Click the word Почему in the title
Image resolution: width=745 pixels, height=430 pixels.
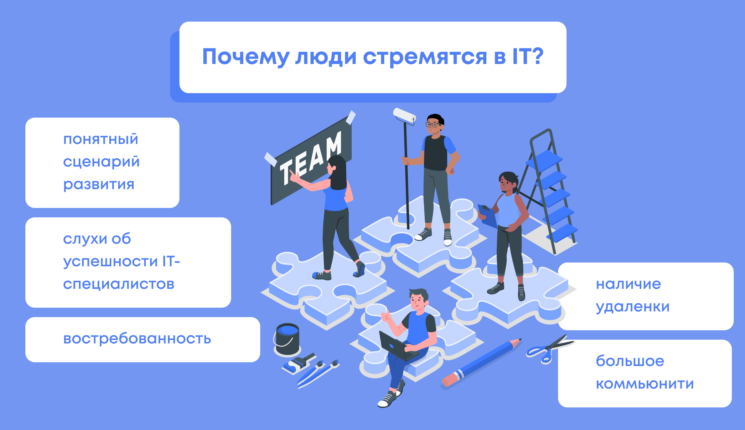click(x=245, y=57)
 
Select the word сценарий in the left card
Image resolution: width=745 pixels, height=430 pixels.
click(x=101, y=162)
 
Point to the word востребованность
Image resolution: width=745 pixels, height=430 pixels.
click(x=137, y=339)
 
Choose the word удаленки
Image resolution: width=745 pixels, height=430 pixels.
click(x=633, y=307)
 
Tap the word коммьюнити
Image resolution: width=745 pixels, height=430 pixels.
click(x=645, y=384)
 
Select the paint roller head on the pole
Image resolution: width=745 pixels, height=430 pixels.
click(x=404, y=115)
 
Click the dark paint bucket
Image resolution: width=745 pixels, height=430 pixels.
click(x=287, y=339)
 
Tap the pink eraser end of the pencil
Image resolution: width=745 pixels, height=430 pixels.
click(x=449, y=380)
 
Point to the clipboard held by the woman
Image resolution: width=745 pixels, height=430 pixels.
click(x=487, y=216)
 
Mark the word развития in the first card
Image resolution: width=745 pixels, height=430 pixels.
click(x=99, y=185)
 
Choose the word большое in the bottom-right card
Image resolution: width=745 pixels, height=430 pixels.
click(x=630, y=361)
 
